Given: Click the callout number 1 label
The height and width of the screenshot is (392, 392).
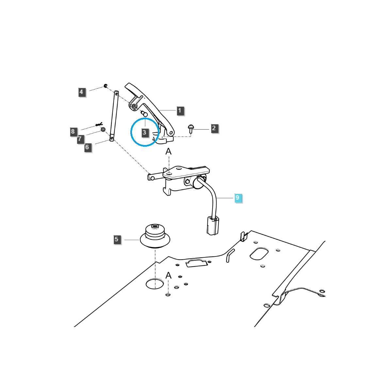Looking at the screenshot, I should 179,111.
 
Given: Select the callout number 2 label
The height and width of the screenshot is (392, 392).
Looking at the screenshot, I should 214,128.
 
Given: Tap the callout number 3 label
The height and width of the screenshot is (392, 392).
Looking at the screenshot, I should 144,132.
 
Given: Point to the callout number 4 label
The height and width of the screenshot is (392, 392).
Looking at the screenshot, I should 81,92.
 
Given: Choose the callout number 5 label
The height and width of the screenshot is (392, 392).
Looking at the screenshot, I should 117,239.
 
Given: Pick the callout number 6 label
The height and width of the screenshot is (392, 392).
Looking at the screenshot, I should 87,147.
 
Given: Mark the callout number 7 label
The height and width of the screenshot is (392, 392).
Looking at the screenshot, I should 79,139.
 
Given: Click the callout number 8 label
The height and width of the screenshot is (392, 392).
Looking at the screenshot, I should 73,132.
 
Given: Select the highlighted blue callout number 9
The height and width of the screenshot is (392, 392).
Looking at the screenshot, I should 237,198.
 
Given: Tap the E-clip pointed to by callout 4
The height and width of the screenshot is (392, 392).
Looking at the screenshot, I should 106,86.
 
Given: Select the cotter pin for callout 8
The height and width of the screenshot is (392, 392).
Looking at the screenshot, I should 99,124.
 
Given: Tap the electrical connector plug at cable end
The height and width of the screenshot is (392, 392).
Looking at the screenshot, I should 213,225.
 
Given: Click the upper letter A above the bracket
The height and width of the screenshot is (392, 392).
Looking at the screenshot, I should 168,151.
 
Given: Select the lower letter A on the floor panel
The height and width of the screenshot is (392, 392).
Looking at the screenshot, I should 168,275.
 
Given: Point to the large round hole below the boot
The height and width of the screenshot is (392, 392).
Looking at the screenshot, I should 155,284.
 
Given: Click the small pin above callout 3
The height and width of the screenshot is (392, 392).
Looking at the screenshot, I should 144,113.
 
